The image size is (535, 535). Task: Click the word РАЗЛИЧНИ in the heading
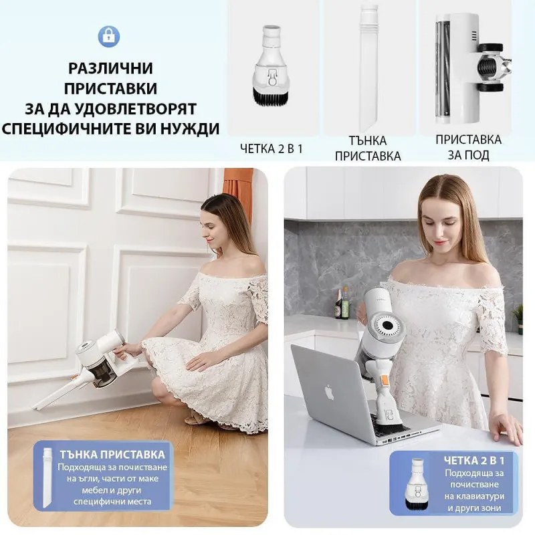[x=110, y=68]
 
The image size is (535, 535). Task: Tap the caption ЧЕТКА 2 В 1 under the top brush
[x=271, y=148]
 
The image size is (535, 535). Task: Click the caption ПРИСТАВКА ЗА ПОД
[x=468, y=148]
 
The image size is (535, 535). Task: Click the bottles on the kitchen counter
[x=342, y=304]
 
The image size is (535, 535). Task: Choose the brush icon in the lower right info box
[x=419, y=483]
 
